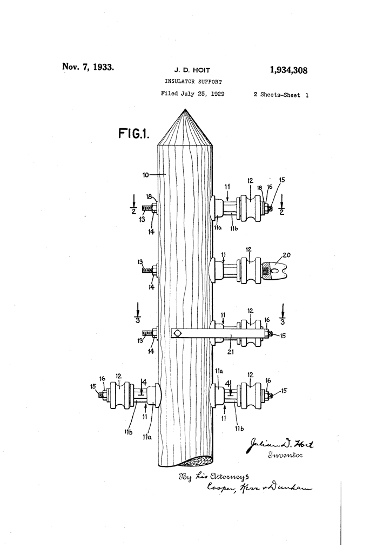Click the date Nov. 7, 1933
coord(88,67)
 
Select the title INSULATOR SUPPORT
coord(193,81)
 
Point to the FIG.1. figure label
coord(133,134)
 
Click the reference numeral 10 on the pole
coord(146,175)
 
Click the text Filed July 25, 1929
coord(193,94)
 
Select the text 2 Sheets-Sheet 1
coord(281,94)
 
